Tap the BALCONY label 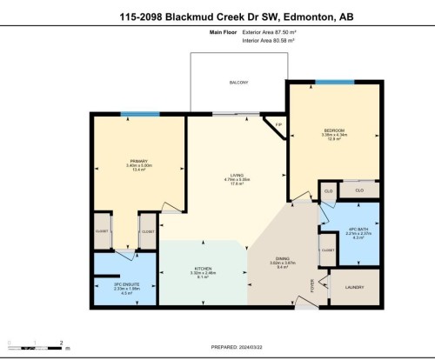pos(238,83)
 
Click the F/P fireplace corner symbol pos(278,126)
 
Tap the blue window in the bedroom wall pos(334,83)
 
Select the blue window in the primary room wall pos(133,113)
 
